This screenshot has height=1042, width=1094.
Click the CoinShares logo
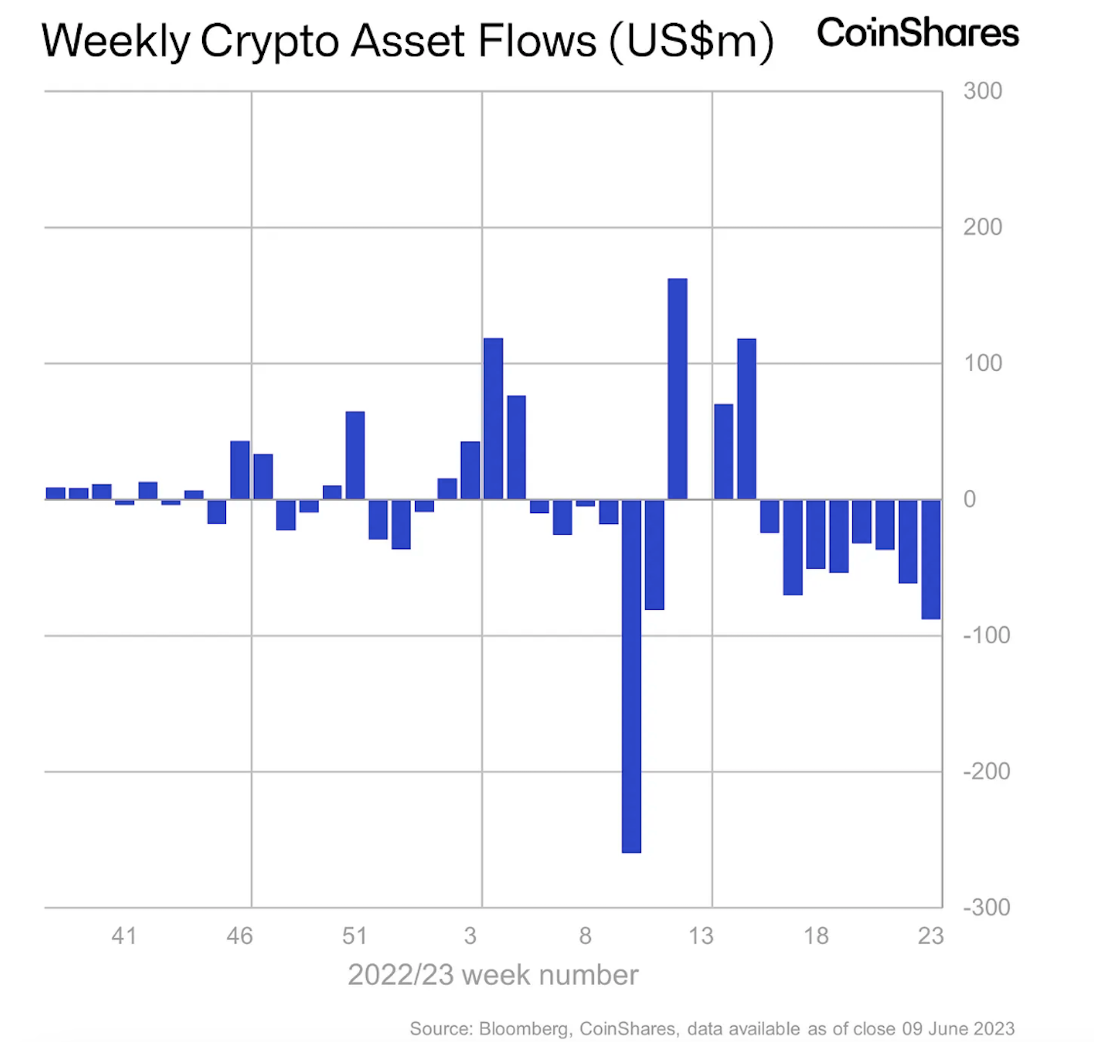[918, 33]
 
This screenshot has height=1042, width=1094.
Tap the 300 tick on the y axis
[983, 91]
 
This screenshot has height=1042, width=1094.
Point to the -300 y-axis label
[986, 907]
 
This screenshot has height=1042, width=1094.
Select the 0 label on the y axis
[970, 499]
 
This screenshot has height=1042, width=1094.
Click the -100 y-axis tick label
[986, 635]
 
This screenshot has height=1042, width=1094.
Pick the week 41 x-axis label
[124, 936]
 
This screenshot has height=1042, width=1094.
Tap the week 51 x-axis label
[355, 936]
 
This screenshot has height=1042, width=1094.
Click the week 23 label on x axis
[931, 936]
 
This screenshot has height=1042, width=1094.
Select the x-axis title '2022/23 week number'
[493, 975]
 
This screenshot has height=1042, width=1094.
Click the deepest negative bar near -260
[631, 676]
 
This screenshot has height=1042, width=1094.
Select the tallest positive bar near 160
[678, 389]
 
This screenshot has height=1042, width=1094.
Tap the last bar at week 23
[931, 559]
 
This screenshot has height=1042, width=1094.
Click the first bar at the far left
[56, 494]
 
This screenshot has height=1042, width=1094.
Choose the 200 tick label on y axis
[983, 227]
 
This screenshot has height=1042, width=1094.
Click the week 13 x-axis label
[701, 936]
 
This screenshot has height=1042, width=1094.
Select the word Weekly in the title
[116, 41]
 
